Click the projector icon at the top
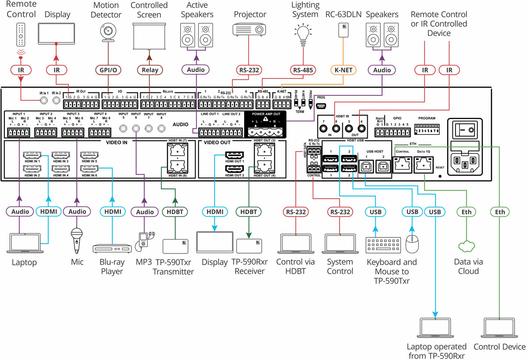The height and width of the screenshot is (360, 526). coord(249,29)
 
